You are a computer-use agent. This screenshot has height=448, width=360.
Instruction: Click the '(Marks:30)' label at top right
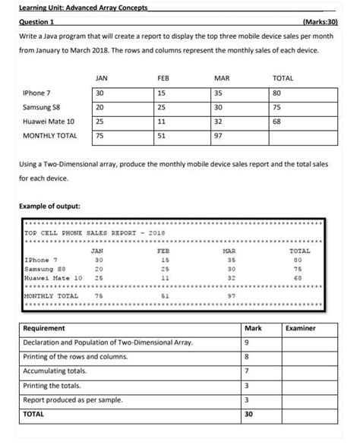click(x=319, y=23)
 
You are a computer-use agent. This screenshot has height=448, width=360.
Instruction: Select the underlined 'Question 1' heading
click(x=36, y=23)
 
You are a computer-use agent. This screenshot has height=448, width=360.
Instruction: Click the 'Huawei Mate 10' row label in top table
click(x=49, y=121)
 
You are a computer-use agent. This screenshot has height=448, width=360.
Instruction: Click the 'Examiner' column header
click(x=300, y=328)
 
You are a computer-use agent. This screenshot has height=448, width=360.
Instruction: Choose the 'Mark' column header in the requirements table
click(x=252, y=328)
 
